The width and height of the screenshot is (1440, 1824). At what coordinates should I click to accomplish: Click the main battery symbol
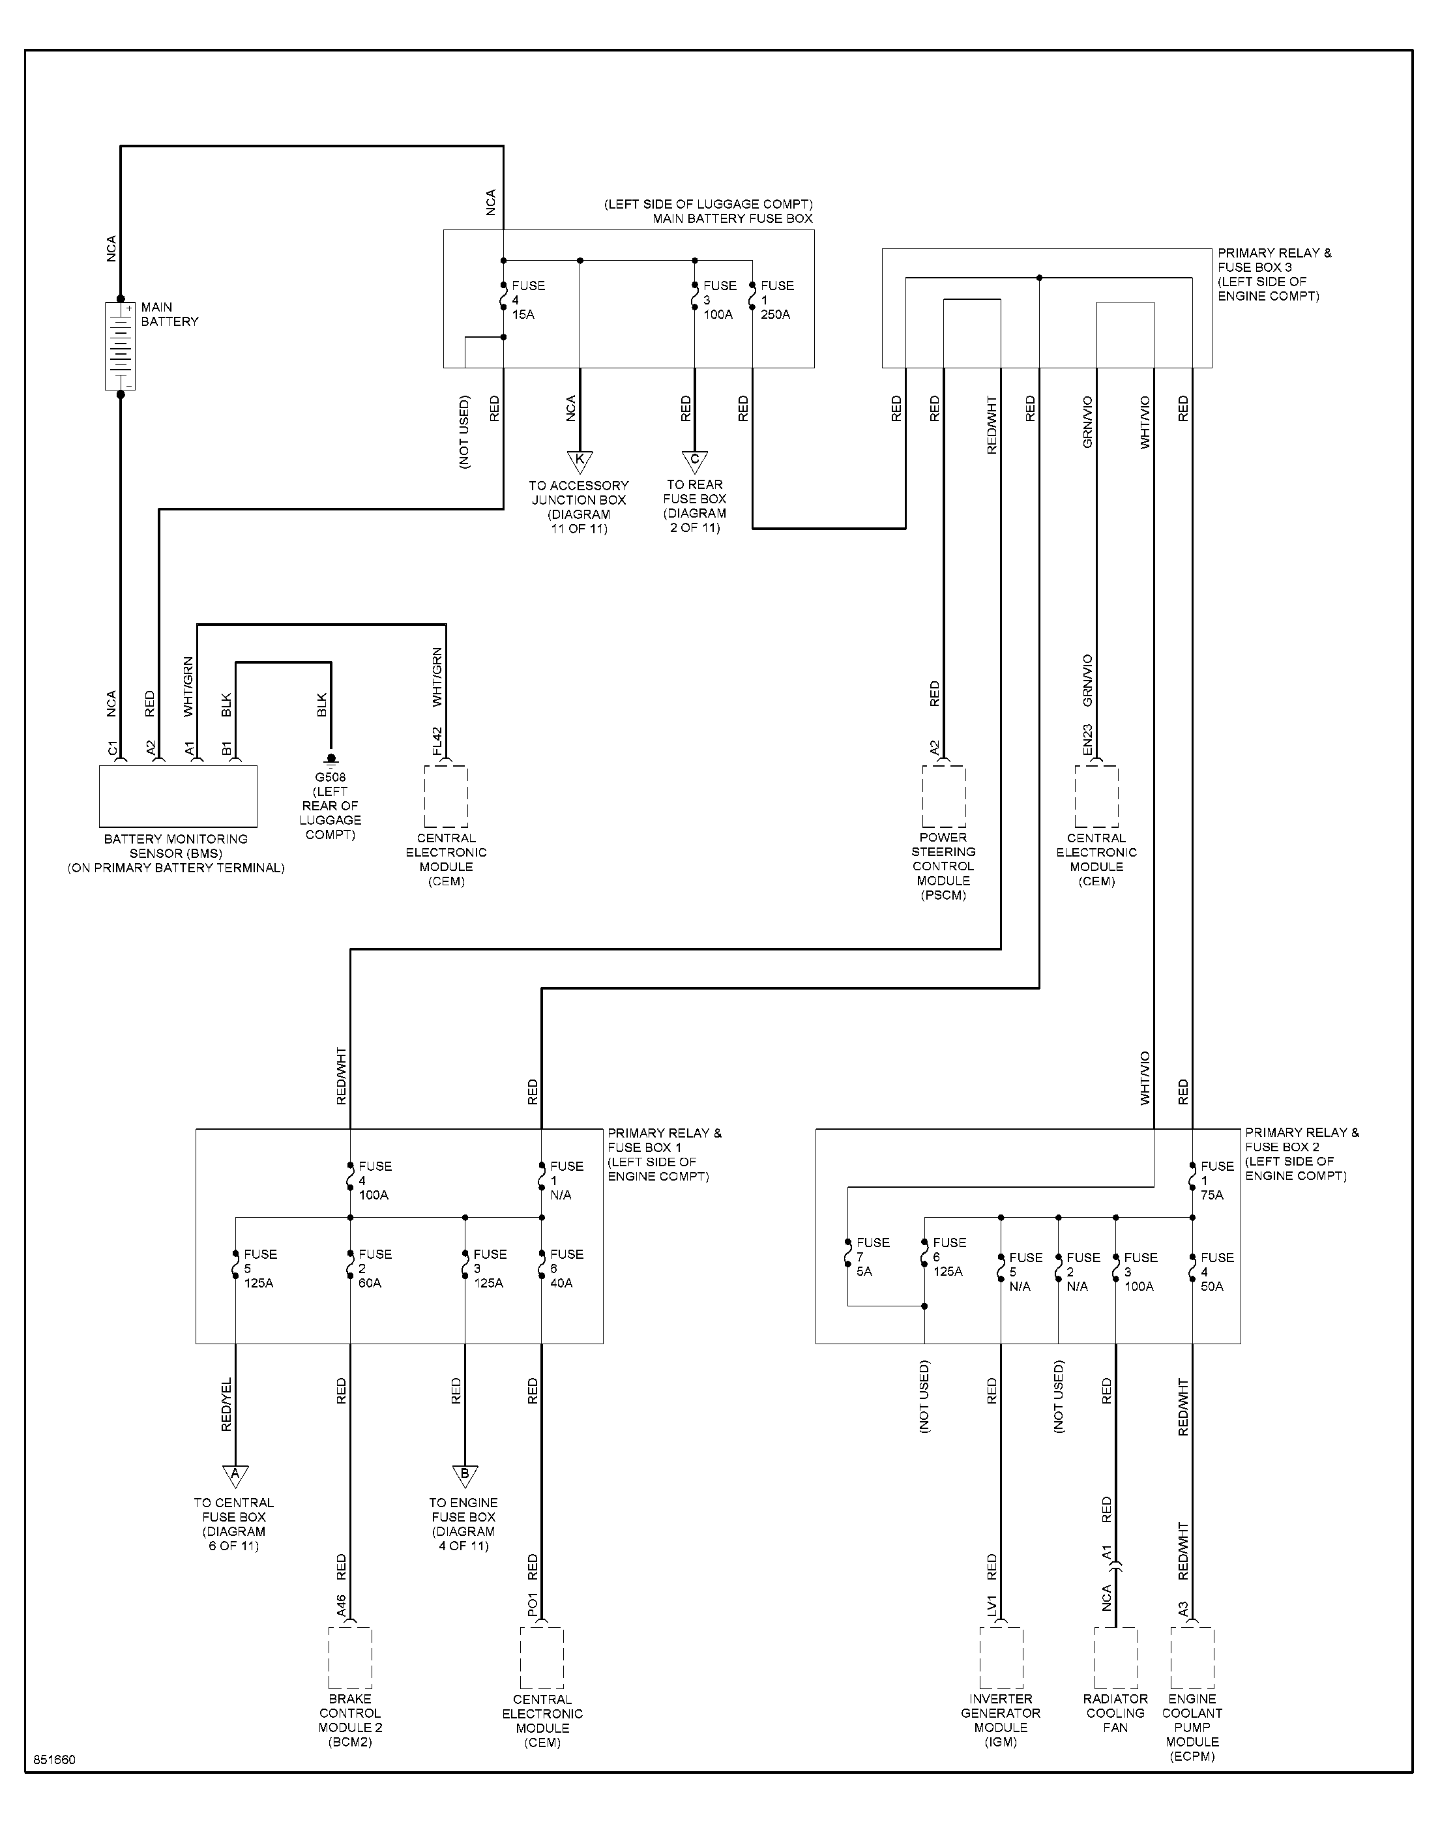click(120, 346)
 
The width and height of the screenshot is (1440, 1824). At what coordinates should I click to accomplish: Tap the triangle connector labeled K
click(580, 461)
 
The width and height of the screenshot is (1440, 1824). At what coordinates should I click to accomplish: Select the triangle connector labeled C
click(695, 461)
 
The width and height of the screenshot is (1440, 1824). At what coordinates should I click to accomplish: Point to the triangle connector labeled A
click(235, 1475)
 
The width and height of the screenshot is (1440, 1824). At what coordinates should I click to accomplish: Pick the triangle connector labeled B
click(465, 1475)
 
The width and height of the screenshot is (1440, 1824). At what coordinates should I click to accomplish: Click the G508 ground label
click(331, 777)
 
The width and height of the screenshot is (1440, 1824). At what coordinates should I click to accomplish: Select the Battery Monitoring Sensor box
click(178, 796)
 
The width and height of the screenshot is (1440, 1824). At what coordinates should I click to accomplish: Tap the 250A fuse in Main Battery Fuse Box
click(752, 300)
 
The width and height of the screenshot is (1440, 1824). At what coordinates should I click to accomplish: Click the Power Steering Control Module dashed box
click(945, 796)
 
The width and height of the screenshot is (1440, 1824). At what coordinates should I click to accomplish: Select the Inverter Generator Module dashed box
click(1001, 1658)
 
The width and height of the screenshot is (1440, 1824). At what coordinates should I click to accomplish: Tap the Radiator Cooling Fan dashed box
click(1115, 1658)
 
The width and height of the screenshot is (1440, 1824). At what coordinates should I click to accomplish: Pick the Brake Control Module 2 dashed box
click(350, 1658)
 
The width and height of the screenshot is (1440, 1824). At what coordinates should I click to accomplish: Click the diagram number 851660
click(55, 1760)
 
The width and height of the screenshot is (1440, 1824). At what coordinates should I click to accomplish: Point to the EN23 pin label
click(1087, 739)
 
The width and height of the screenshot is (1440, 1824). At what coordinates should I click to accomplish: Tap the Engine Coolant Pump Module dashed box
click(1192, 1658)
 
